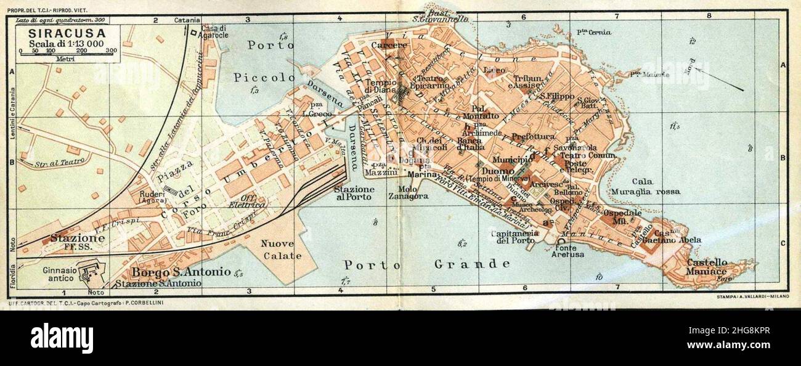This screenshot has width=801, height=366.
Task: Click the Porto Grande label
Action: [427, 264]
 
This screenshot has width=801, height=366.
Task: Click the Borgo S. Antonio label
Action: [181, 272]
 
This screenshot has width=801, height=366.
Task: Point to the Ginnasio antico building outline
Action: [91, 270]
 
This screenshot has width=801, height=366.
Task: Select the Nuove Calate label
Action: [281, 250]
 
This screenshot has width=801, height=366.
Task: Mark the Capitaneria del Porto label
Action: [512, 237]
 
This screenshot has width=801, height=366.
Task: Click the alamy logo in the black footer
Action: [62, 338]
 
